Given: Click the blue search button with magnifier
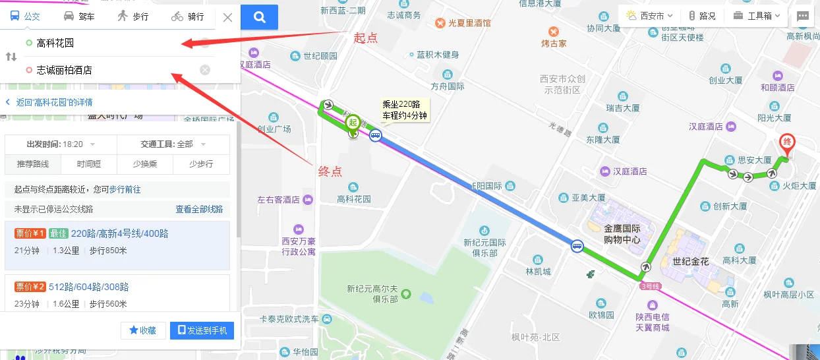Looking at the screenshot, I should click(259, 17).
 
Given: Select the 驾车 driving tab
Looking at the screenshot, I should click(78, 16).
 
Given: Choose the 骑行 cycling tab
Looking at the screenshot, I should click(187, 16).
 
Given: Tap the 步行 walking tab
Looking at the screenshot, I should click(132, 16).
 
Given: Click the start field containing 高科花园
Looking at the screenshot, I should click(112, 44).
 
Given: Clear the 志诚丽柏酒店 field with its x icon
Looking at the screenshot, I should click(205, 70).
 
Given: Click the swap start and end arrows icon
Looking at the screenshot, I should click(11, 57).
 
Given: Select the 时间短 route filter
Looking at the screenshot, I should click(89, 164).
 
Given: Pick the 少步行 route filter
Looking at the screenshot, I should click(201, 164).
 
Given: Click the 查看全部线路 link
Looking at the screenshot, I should click(199, 209).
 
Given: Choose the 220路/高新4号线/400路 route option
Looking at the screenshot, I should click(119, 233).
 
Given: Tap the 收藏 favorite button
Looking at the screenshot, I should click(143, 330).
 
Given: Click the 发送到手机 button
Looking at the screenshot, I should click(202, 330).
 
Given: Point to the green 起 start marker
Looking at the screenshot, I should click(353, 123).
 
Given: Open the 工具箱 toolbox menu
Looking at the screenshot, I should click(757, 16).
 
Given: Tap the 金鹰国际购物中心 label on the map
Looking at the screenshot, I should click(622, 235).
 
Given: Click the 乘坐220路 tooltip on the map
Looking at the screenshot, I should click(405, 109).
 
